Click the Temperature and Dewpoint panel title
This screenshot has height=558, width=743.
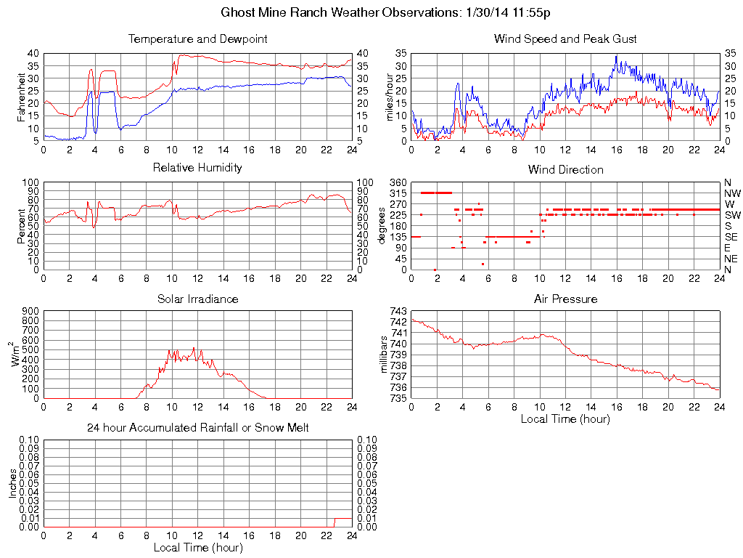coord(197,39)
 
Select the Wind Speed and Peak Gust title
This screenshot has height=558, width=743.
coord(565,39)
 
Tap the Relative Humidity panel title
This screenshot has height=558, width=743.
coord(197,168)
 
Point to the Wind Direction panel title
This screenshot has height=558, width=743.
coord(565,169)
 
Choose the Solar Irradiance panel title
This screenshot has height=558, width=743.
coord(197,299)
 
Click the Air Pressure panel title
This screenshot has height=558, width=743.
coord(565,299)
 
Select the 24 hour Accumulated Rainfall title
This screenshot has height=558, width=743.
coord(197,428)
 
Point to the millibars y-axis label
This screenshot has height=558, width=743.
coord(386,355)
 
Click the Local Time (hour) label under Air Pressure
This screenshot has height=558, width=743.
coord(565,418)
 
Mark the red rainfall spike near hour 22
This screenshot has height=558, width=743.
coord(334,522)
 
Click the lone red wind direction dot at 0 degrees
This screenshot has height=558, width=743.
coord(435,270)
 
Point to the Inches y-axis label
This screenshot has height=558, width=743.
coord(13,483)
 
